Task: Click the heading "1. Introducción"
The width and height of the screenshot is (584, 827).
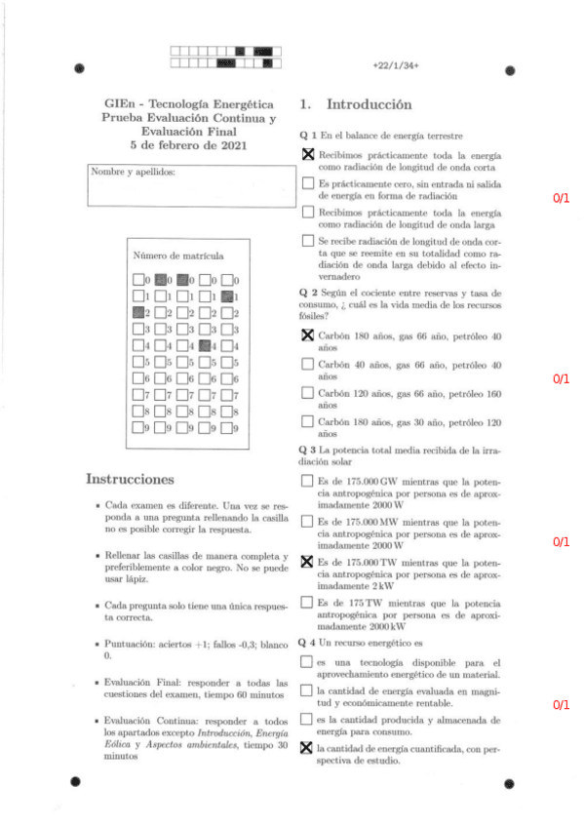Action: [x=356, y=104]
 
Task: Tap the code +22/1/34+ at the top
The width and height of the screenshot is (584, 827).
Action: [x=395, y=65]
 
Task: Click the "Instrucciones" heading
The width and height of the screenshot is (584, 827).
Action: [x=130, y=479]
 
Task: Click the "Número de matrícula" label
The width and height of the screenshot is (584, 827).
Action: [x=177, y=256]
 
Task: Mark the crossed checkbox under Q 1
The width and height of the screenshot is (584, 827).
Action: [x=308, y=155]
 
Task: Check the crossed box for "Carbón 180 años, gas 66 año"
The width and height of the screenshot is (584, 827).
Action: [x=308, y=336]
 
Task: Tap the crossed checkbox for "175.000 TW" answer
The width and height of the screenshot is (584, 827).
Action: [x=308, y=562]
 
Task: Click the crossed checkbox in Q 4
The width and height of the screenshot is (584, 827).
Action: [x=308, y=748]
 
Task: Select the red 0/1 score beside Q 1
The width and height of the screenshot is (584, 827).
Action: [x=561, y=199]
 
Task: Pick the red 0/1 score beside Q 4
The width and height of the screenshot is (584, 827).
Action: [x=561, y=704]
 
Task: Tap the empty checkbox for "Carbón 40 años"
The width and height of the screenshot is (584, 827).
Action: [x=308, y=365]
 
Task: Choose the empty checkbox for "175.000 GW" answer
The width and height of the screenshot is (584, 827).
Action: [x=308, y=481]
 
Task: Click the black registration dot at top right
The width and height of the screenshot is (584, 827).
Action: [x=509, y=70]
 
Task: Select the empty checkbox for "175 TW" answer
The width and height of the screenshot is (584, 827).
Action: [x=308, y=603]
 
